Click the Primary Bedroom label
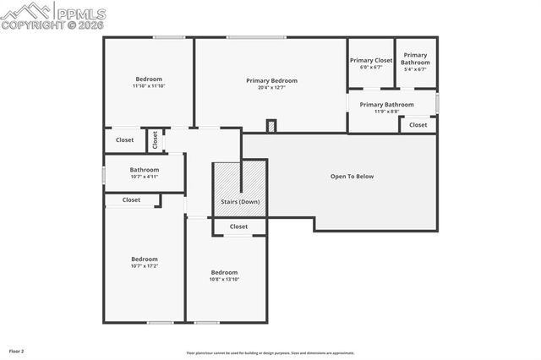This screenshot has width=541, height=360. coord(271,81)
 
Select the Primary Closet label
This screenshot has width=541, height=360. coord(371,60)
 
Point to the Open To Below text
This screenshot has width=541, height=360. coord(352,177)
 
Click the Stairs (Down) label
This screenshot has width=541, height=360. coord(240,203)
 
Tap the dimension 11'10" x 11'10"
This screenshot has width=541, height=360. coord(148,86)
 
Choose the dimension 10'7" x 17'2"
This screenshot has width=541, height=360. coord(144,266)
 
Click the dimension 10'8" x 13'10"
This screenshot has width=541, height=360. coord(224,280)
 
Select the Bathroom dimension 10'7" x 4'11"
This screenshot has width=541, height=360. coord(144,177)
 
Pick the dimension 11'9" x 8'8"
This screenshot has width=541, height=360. coord(386,112)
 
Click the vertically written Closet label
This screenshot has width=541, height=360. coord(155,140)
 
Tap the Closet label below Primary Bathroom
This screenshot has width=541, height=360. coord(418,125)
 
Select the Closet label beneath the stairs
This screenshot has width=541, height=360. coord(239,226)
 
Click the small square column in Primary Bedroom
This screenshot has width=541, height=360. coord(270,126)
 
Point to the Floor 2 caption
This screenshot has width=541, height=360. coord(17,351)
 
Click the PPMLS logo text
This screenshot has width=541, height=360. coord(79,12)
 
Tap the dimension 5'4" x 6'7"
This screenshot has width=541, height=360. coord(415,69)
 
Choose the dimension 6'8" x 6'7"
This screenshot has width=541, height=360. coord(371,68)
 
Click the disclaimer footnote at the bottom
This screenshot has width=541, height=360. coord(270,353)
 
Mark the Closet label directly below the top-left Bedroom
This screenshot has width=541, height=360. coord(124,140)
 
